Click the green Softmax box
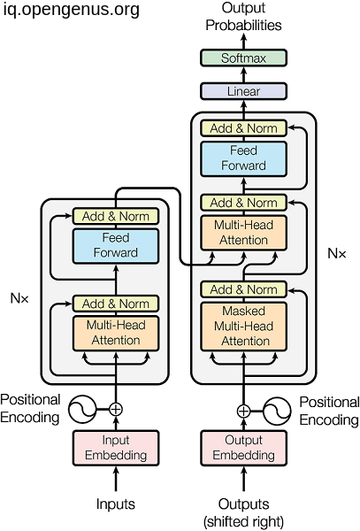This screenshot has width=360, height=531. coord(243,58)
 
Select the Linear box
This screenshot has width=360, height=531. coord(243,91)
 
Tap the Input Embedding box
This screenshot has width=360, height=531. coord(116,448)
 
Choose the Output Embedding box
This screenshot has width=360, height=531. coord(243,448)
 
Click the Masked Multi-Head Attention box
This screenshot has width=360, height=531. coord(243,326)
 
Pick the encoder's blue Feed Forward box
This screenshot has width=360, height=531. coord(116,246)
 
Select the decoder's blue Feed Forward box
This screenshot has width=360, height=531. coord(243,159)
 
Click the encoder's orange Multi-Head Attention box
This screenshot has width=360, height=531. coord(116,334)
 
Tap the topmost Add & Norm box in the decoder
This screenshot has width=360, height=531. coord(243,128)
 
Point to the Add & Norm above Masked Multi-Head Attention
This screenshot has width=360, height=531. coord(243,289)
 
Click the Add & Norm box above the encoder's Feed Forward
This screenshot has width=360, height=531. coord(116,216)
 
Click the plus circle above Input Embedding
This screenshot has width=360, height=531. coord(116,410)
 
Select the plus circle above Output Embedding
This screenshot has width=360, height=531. coord(243,412)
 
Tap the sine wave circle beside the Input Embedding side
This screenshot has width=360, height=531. coord(82,410)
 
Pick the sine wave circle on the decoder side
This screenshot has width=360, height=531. coord(277,412)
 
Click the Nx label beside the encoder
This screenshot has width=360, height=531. coord(19,298)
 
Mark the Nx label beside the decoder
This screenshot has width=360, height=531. coord(337,253)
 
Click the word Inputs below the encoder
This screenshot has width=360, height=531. coord(116,504)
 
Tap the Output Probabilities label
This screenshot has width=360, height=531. coord(243,17)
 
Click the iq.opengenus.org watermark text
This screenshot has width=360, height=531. coord(72,10)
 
